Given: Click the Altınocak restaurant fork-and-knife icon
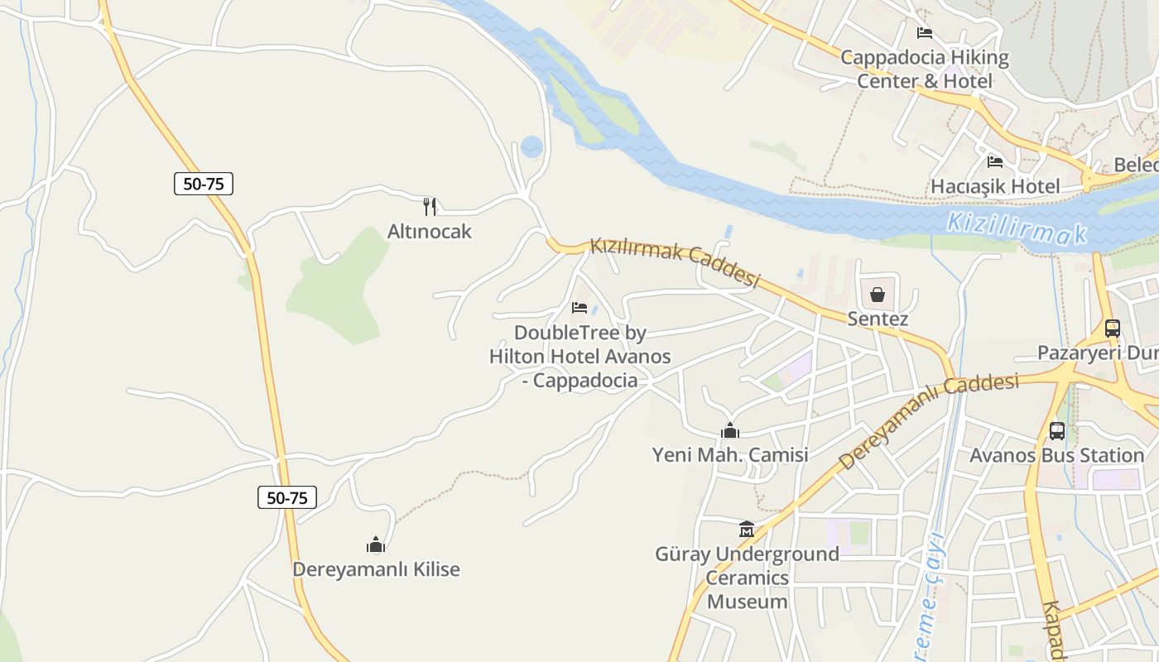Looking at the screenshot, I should tap(429, 206).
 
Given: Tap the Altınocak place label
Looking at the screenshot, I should tap(429, 231).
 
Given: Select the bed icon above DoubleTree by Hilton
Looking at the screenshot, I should tap(579, 308).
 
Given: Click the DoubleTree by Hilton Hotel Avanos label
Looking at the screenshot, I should tap(579, 357).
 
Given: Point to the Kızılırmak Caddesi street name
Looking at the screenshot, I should tap(674, 263).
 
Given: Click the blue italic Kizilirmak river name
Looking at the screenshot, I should tap(1017, 228).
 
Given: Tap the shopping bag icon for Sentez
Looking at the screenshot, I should tap(878, 295).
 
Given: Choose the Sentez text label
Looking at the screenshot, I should tap(878, 319).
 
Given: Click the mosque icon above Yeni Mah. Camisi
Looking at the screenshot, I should tap(730, 430).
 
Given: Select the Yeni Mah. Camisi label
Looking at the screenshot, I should tap(730, 455).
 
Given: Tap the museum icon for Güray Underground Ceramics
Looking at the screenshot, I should tap(747, 529).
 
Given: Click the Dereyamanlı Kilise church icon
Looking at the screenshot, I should tap(376, 544).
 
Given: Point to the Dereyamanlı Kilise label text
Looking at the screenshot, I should tap(376, 569).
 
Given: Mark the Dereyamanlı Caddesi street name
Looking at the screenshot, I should tap(928, 420).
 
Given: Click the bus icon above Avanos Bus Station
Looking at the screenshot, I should tap(1057, 430).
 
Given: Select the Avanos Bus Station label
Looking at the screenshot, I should tap(1057, 455).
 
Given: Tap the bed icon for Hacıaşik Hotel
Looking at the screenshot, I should tap(995, 161).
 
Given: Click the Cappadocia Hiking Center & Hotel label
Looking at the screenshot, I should tap(925, 70).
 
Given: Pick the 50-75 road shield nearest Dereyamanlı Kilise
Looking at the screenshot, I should tap(287, 497).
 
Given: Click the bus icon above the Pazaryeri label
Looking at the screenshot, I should tap(1113, 328).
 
